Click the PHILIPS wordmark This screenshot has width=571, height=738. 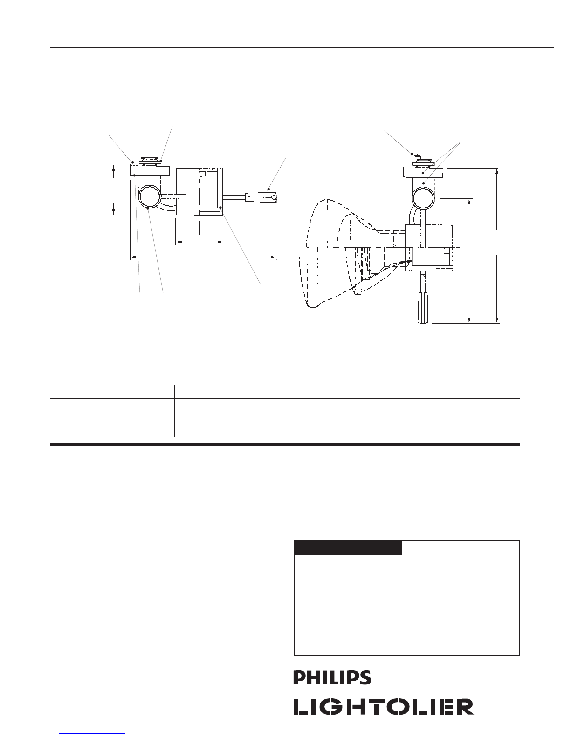[x=332, y=677]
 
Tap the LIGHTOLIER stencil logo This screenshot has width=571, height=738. [x=384, y=707]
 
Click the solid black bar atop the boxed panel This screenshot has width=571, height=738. [x=348, y=548]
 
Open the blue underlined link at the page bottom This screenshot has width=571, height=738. [x=92, y=735]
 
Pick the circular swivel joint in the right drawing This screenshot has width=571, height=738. [x=423, y=198]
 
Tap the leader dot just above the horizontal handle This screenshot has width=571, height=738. [x=269, y=189]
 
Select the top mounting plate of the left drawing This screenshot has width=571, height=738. [x=150, y=170]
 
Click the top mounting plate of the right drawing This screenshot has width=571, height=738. [x=423, y=172]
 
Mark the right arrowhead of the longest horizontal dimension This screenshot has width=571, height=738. [x=273, y=257]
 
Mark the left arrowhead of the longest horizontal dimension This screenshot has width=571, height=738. [x=134, y=257]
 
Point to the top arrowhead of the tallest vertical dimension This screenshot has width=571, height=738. [x=497, y=171]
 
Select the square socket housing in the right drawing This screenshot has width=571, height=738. [x=428, y=248]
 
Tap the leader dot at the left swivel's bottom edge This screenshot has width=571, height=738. [x=149, y=210]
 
